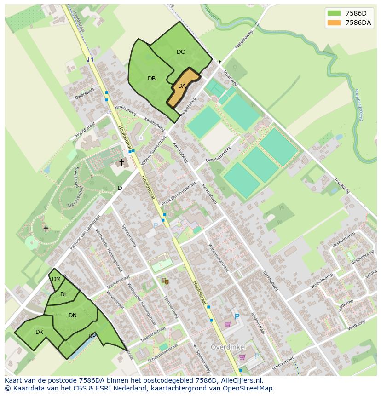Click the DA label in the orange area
pyautogui.click(x=182, y=86)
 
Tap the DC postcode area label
pyautogui.click(x=180, y=52)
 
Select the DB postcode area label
pyautogui.click(x=151, y=79)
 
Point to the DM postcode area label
pyautogui.click(x=56, y=279)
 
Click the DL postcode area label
pyautogui.click(x=63, y=294)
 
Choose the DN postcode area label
pyautogui.click(x=72, y=316)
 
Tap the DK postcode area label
pyautogui.click(x=39, y=332)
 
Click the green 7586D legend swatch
pyautogui.click(x=334, y=13)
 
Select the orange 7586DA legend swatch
pyautogui.click(x=334, y=23)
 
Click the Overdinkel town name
pyautogui.click(x=228, y=346)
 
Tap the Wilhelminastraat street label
pyautogui.click(x=218, y=258)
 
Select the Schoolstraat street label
pyautogui.click(x=282, y=363)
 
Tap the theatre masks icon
pyautogui.click(x=165, y=281)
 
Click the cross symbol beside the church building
pyautogui.click(x=121, y=162)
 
